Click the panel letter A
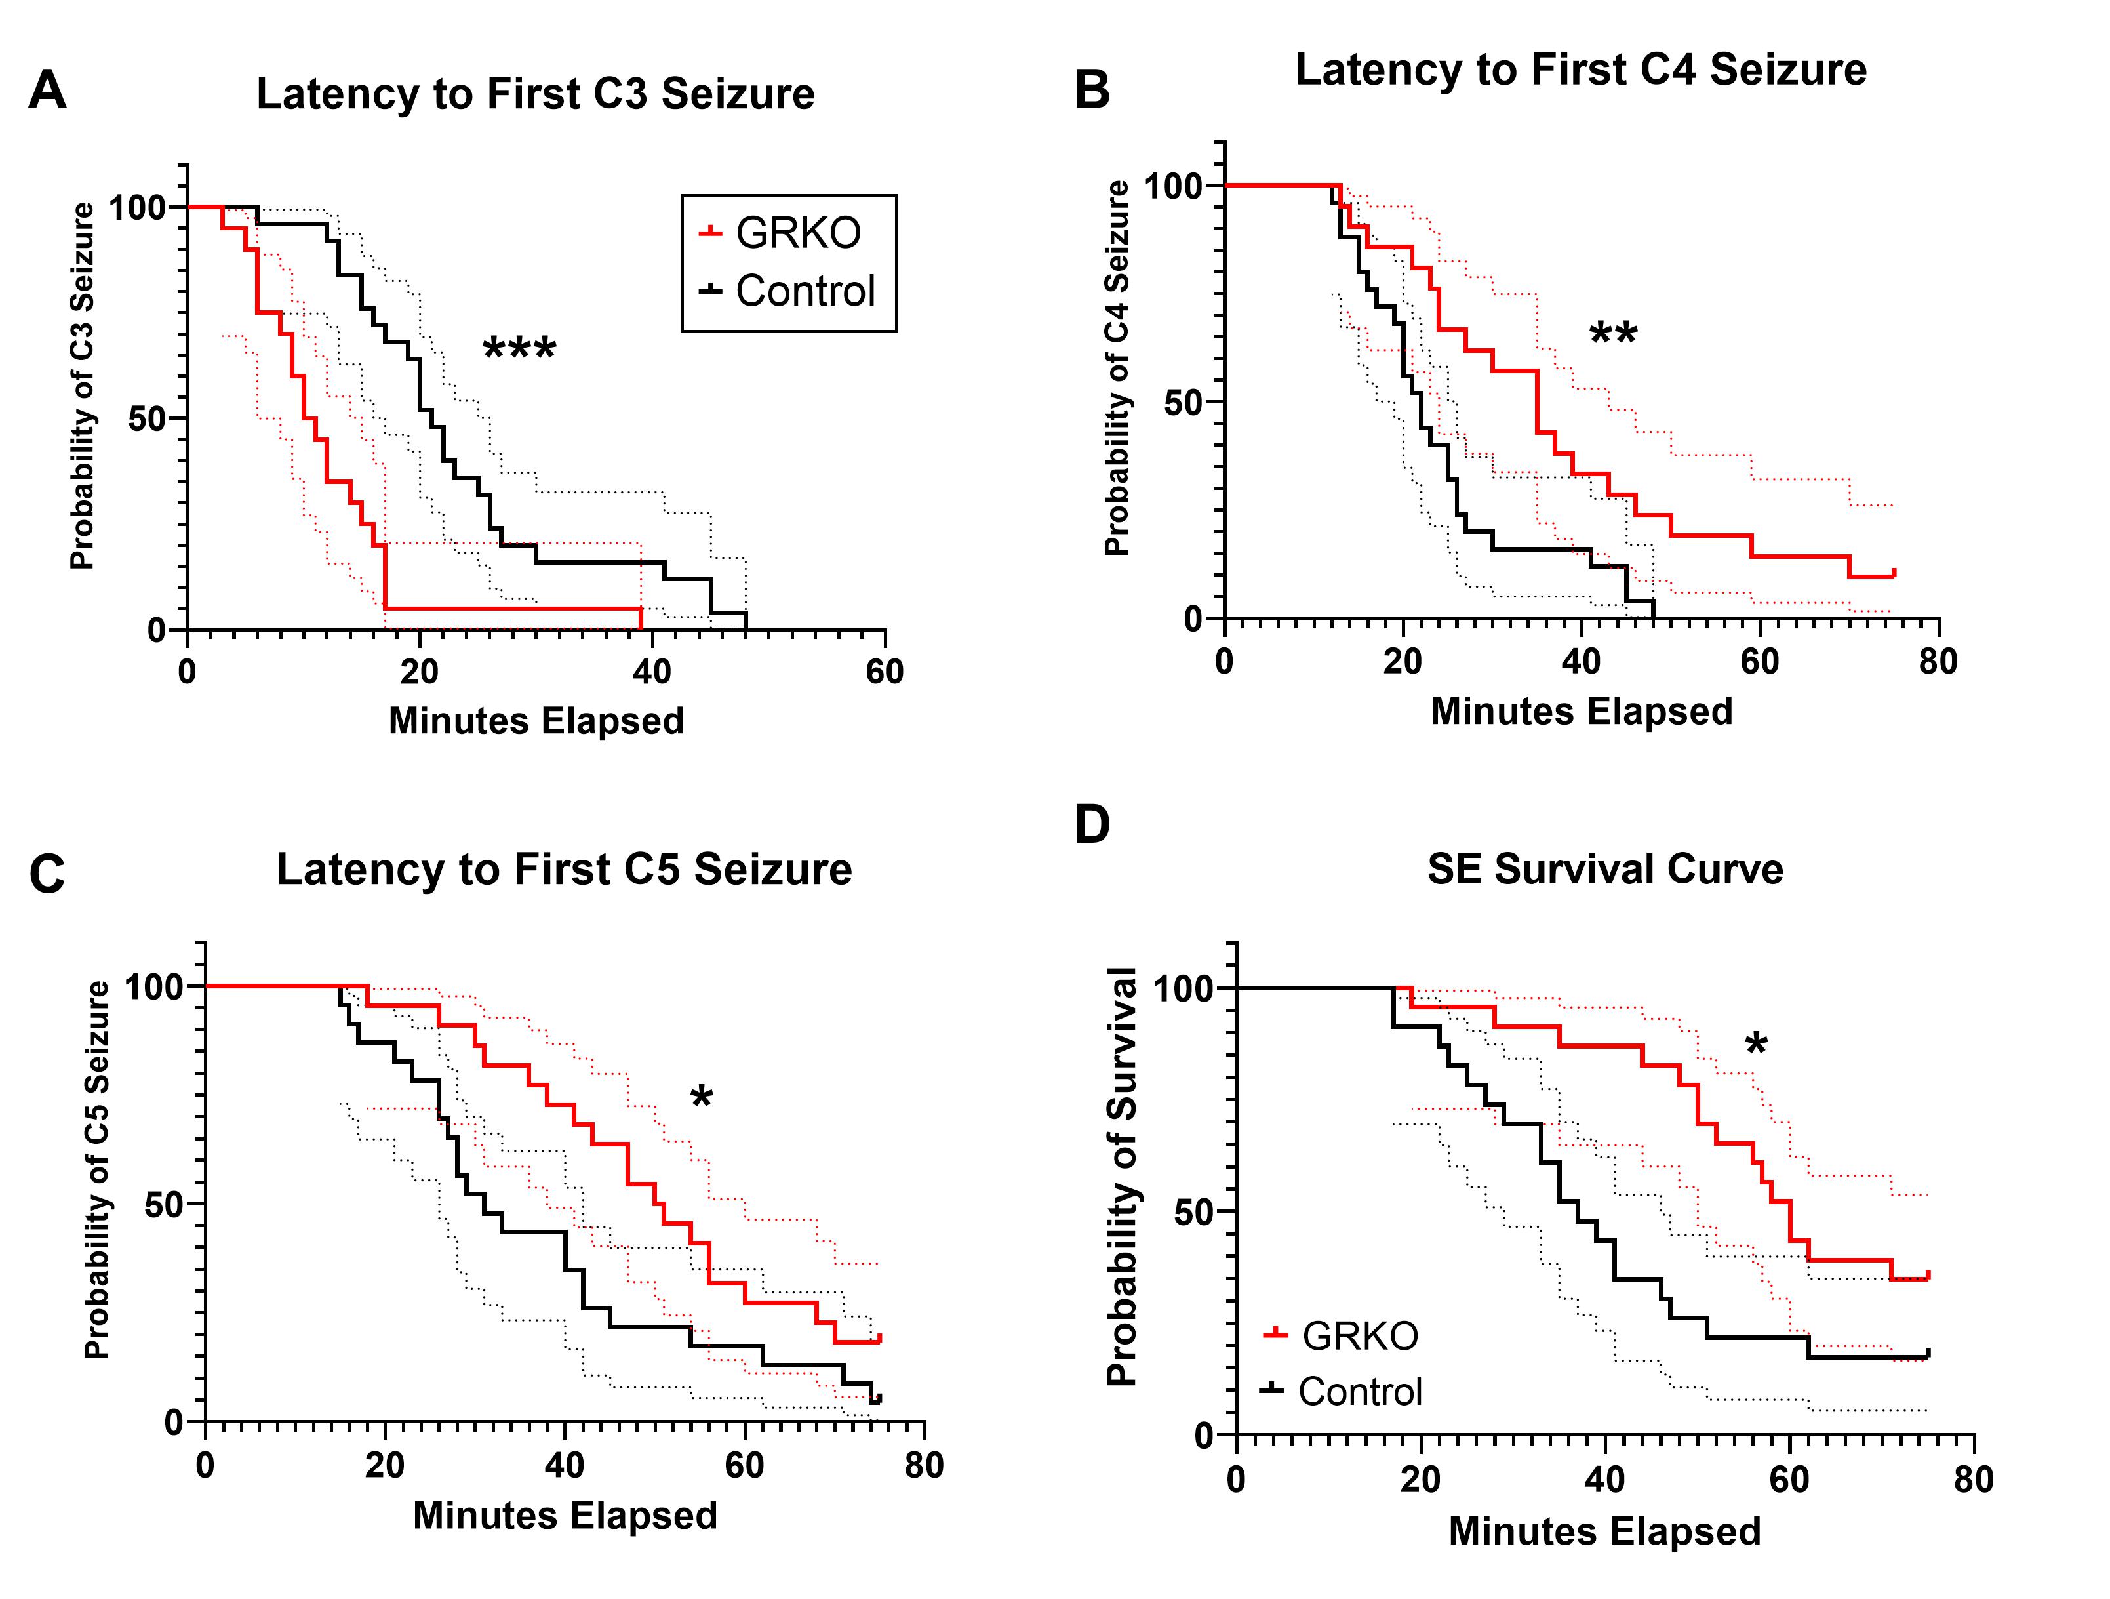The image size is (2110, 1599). [x=48, y=92]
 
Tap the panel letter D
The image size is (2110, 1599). [x=1092, y=825]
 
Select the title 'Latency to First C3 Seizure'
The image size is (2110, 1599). [x=535, y=94]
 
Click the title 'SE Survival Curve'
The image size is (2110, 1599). [x=1604, y=869]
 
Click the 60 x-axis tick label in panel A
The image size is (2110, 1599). [x=885, y=673]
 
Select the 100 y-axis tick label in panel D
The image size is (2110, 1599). [x=1183, y=989]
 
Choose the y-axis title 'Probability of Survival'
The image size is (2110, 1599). [x=1123, y=1177]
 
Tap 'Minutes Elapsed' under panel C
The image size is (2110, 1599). [x=565, y=1516]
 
